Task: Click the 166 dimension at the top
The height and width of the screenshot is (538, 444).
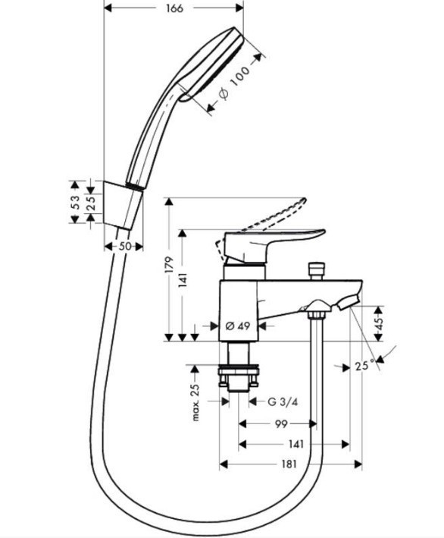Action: (173, 8)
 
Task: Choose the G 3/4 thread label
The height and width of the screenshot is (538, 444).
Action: (282, 401)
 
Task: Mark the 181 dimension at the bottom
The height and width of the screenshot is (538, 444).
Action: (288, 464)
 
